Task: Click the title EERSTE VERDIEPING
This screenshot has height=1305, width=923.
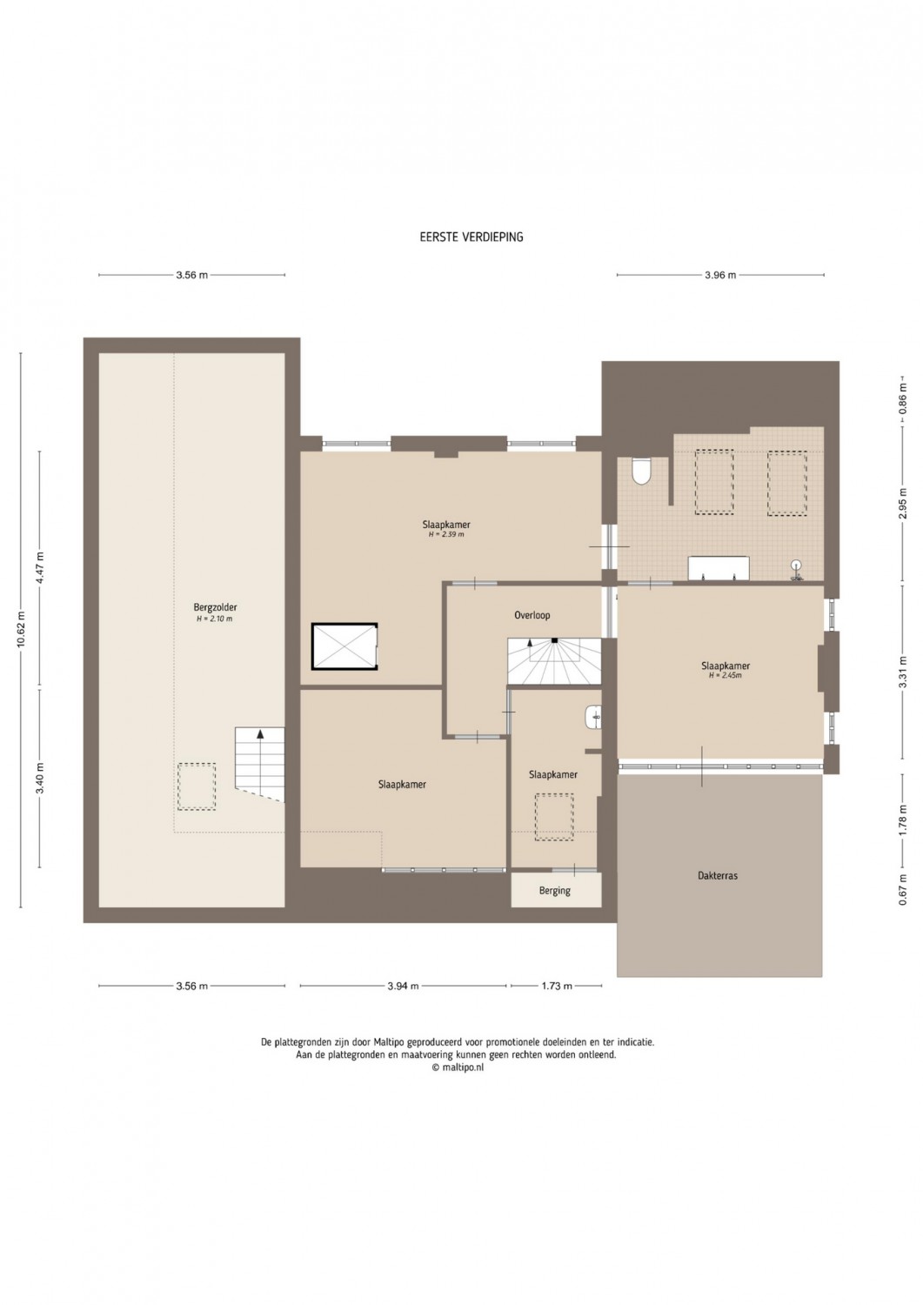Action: pyautogui.click(x=472, y=238)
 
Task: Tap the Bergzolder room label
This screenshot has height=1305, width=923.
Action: pyautogui.click(x=215, y=607)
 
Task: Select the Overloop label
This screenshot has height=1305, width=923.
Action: pyautogui.click(x=532, y=614)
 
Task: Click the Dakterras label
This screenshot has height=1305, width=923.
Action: pyautogui.click(x=718, y=892)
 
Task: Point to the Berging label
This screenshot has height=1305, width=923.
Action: pyautogui.click(x=555, y=907)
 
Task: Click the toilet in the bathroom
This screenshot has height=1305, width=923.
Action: pyautogui.click(x=641, y=471)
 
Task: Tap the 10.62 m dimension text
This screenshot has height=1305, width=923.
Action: pyautogui.click(x=22, y=630)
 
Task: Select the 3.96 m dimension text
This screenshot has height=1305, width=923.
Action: pyautogui.click(x=720, y=275)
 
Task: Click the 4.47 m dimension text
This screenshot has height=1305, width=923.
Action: pyautogui.click(x=40, y=567)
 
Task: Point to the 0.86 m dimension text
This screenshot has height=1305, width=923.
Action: pyautogui.click(x=903, y=398)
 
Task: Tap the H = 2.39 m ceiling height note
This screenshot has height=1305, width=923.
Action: pyautogui.click(x=446, y=534)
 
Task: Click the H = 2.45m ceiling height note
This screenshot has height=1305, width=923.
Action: pyautogui.click(x=726, y=676)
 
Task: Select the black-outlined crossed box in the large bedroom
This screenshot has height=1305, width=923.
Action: pyautogui.click(x=344, y=646)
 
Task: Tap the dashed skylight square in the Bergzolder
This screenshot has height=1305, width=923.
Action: pyautogui.click(x=197, y=786)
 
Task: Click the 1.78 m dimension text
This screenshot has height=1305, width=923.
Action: pyautogui.click(x=903, y=820)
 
